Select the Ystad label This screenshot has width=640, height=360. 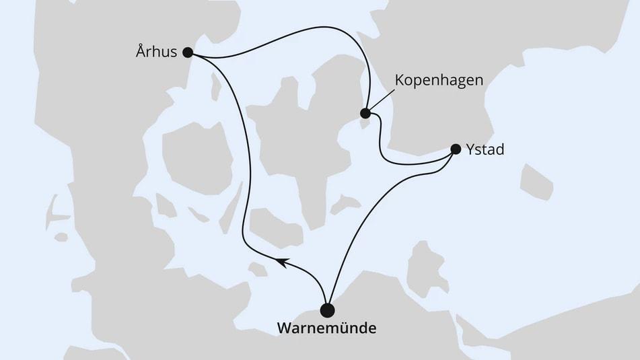485,149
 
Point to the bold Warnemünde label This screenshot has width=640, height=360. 326,330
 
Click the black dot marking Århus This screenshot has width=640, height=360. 188,52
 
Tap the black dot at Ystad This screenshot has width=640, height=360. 456,149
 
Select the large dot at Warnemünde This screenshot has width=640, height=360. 327,310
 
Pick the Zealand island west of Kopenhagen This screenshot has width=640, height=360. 296,135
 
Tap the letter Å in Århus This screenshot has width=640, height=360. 141,52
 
